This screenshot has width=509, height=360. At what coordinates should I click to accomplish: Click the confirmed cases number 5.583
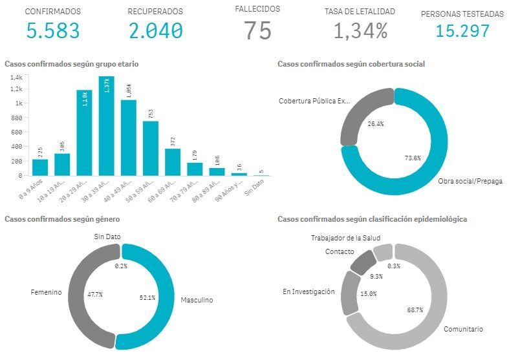[x=53, y=30]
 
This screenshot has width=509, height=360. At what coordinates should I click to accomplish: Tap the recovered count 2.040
[x=155, y=30]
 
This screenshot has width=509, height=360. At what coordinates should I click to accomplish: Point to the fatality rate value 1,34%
[x=360, y=30]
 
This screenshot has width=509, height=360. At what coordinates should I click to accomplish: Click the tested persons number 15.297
[x=462, y=30]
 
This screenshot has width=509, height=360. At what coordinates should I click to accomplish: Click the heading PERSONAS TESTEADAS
[x=462, y=13]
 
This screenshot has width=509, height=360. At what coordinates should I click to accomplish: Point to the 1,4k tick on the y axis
[x=16, y=76]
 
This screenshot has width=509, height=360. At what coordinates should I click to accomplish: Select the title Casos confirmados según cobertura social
[x=351, y=64]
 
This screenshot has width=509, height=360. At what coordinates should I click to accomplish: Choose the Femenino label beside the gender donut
[x=46, y=292]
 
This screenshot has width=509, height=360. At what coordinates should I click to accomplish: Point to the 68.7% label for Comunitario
[x=415, y=310]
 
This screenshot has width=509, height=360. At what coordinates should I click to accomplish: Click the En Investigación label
[x=309, y=292]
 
